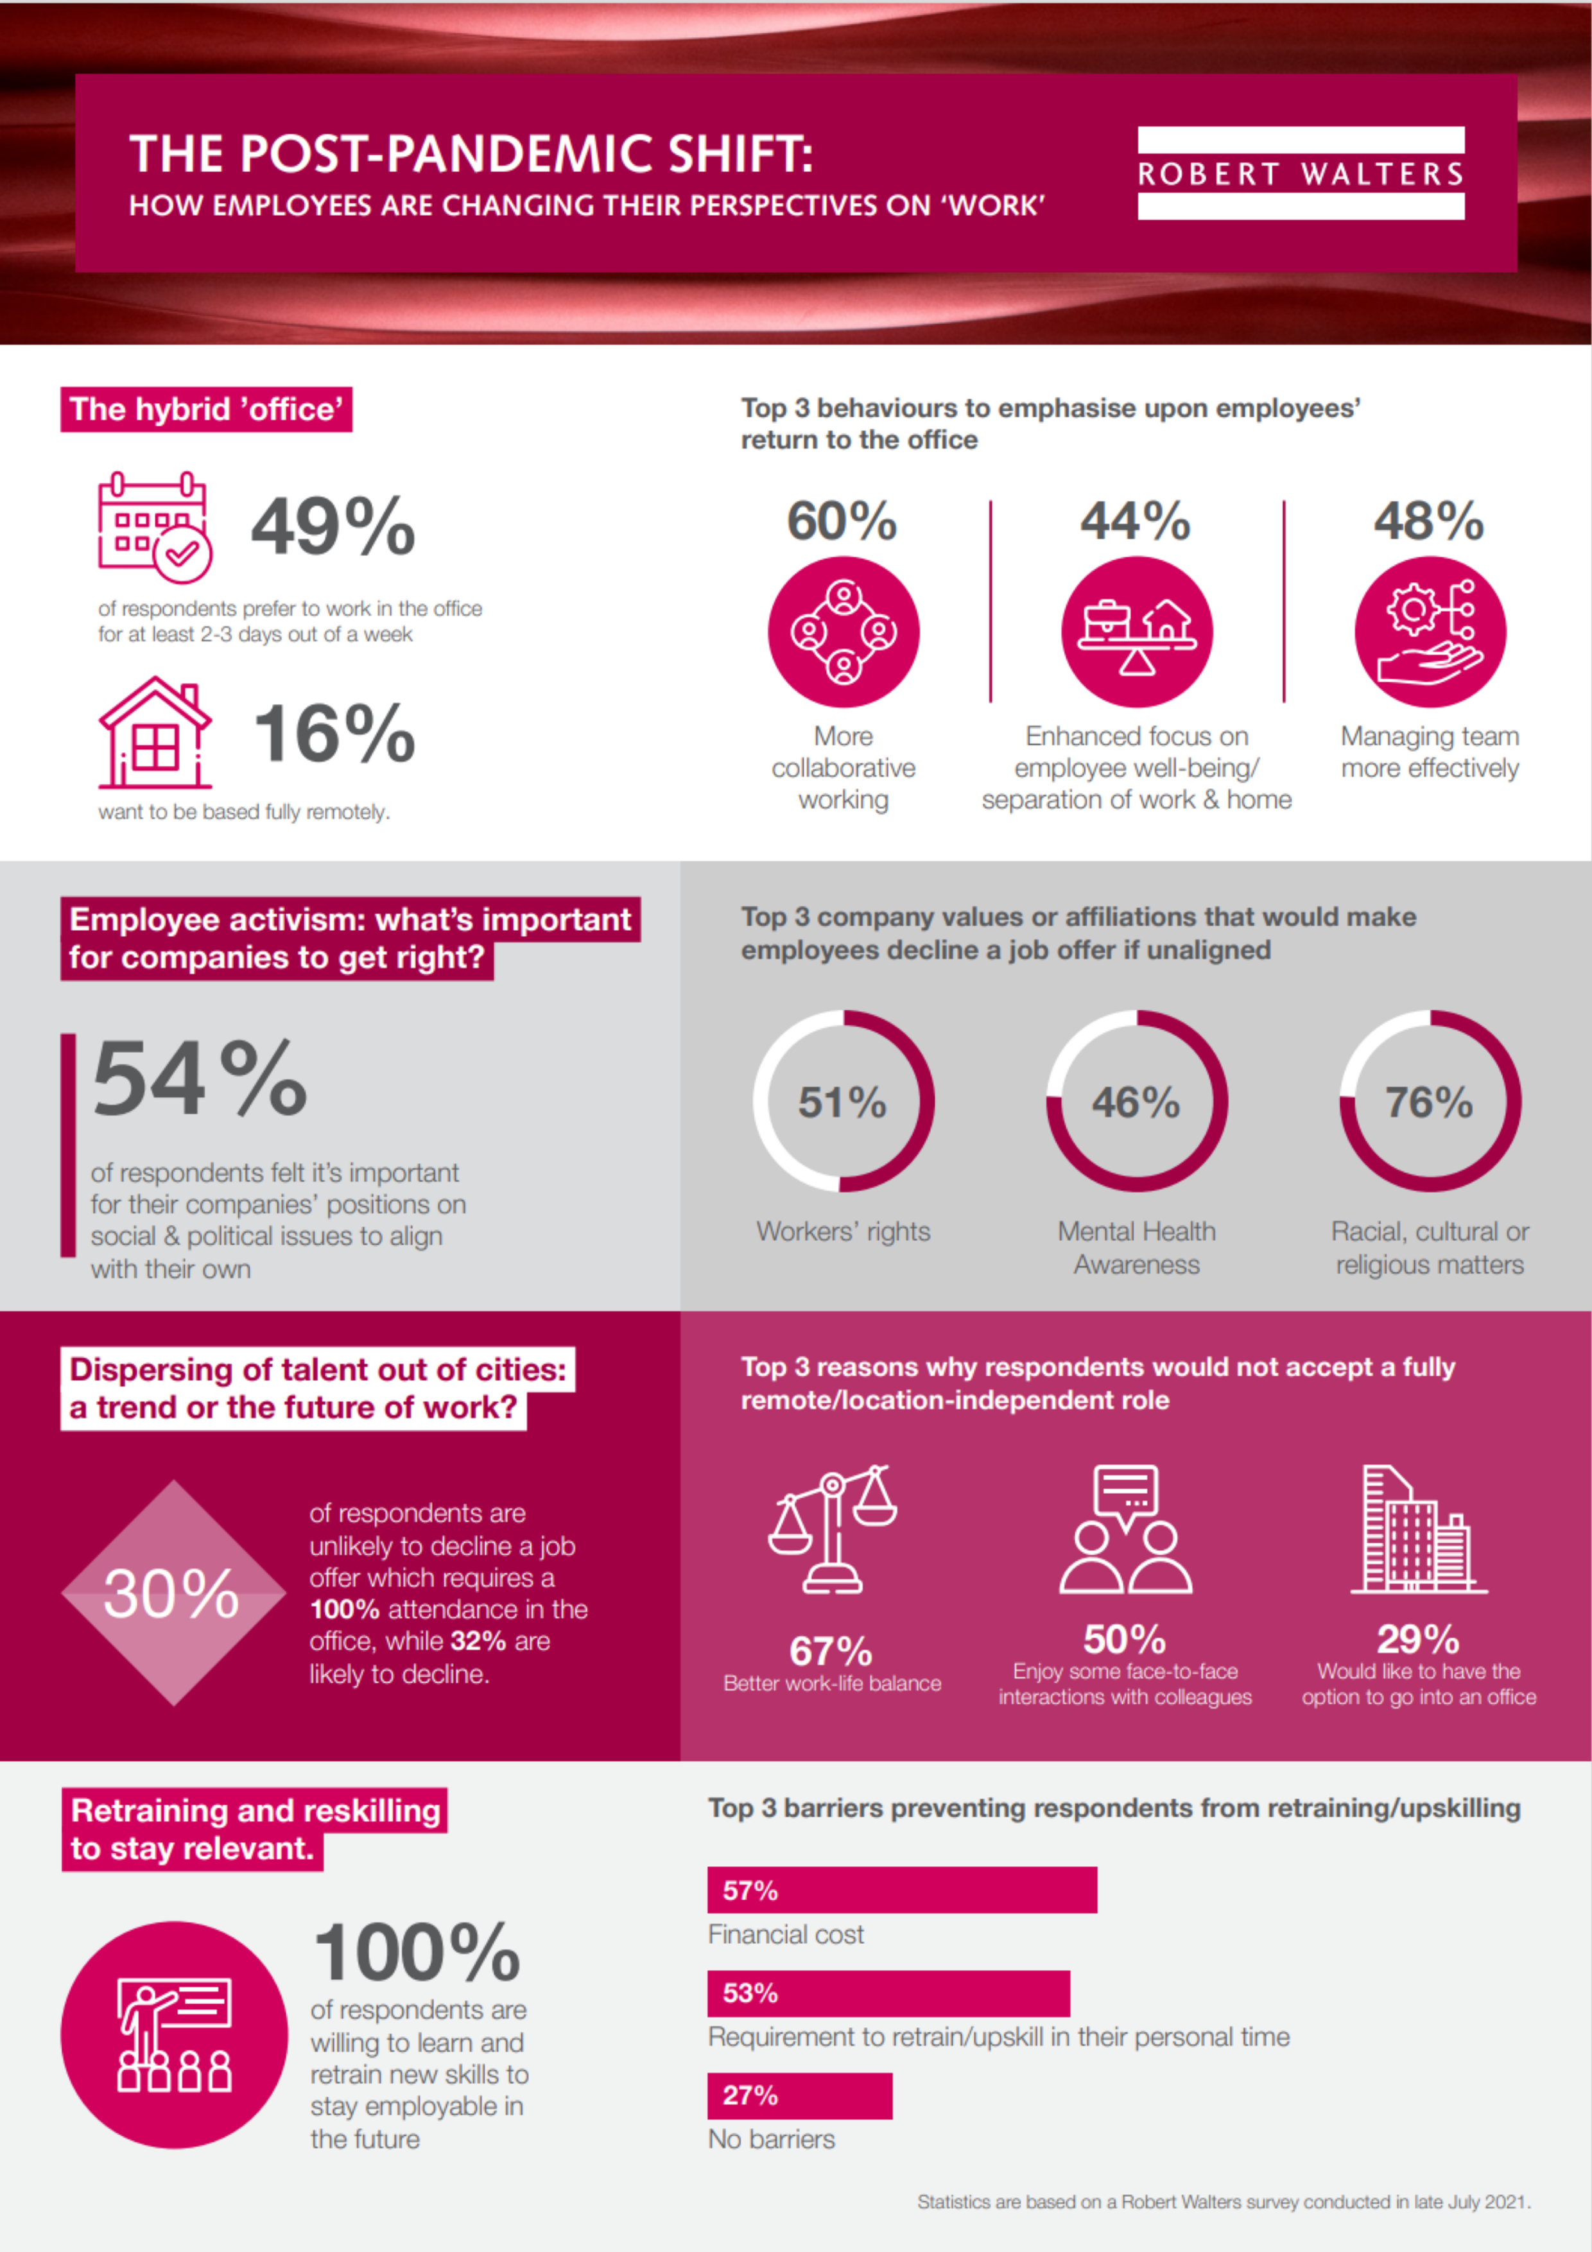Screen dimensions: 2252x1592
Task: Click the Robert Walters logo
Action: (x=1301, y=173)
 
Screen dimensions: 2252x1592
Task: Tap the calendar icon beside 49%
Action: (x=154, y=526)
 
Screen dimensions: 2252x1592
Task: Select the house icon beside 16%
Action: (x=154, y=732)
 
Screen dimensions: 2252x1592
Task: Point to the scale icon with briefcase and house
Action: (x=1137, y=632)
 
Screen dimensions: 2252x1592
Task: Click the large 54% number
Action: (x=199, y=1079)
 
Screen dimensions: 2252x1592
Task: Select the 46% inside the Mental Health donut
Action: (x=1136, y=1102)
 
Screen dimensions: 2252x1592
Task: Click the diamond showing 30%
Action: (x=173, y=1592)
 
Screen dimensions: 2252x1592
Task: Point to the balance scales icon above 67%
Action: (x=833, y=1528)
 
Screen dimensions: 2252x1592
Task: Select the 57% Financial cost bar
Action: (x=901, y=1889)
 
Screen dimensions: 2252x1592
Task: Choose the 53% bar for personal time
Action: (x=888, y=1993)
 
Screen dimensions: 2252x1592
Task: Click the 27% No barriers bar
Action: (x=799, y=2096)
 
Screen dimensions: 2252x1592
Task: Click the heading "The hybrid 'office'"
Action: (x=206, y=409)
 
